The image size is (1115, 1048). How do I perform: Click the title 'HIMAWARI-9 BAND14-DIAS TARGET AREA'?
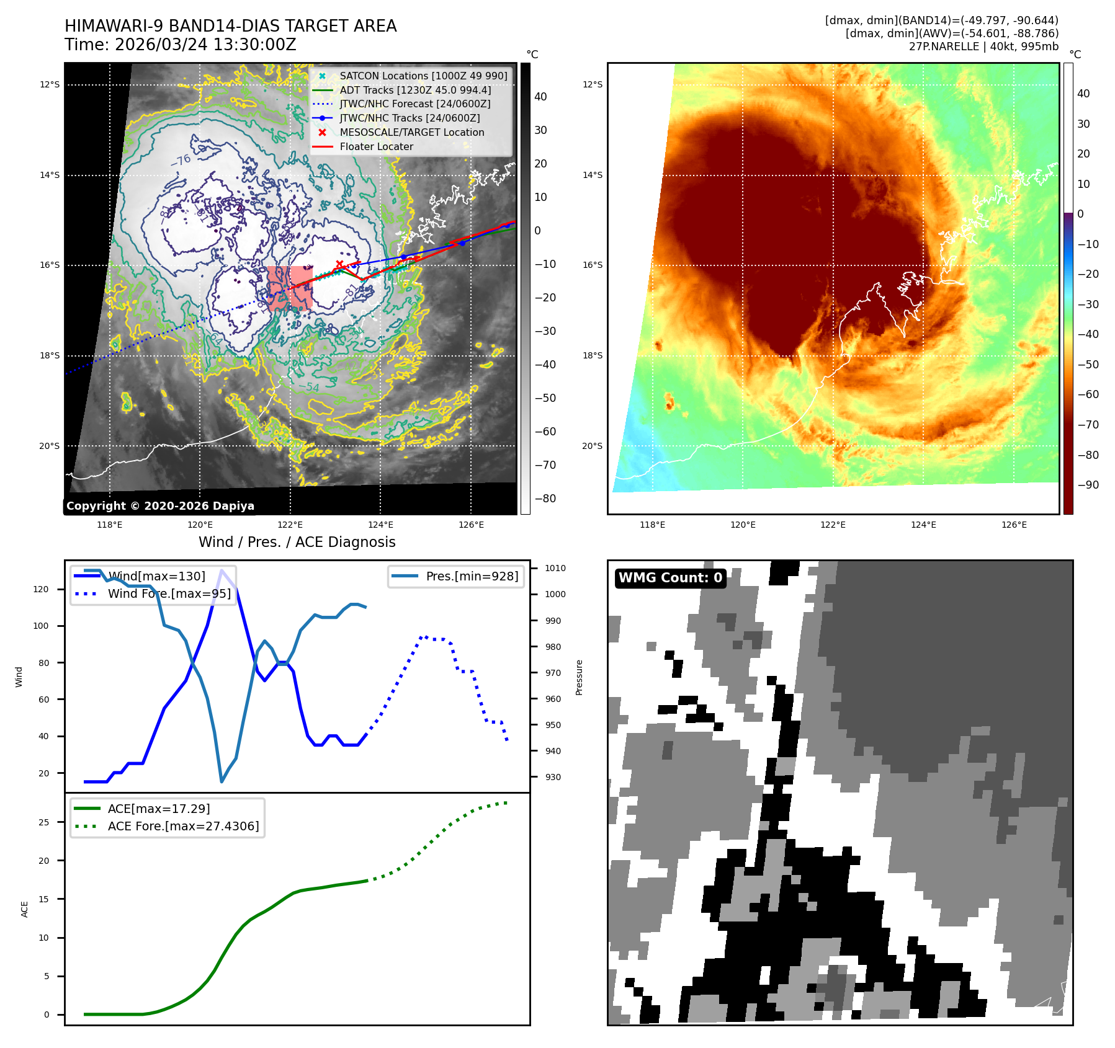pos(230,26)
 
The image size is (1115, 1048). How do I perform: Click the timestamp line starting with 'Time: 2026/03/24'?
pos(181,45)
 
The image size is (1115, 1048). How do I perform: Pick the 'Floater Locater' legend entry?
pos(376,146)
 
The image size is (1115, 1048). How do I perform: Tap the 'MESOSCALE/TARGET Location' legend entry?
pos(411,132)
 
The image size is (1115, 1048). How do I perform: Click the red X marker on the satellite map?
pos(339,265)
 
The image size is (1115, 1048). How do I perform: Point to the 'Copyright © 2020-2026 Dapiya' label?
pos(160,506)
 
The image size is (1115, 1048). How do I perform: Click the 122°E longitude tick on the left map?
pos(290,525)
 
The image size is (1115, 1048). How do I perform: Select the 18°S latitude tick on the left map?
pos(50,355)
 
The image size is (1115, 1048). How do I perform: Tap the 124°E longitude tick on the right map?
pos(923,525)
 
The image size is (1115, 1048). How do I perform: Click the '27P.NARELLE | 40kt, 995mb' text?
pos(983,47)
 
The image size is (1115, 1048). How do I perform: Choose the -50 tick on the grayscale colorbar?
pos(545,398)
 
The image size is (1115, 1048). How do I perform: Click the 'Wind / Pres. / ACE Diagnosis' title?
pos(297,542)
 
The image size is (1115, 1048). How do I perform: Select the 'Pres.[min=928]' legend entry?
pos(472,576)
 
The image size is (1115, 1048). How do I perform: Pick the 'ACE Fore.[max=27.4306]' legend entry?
pos(183,826)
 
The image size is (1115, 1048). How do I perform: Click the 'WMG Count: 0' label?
pos(670,578)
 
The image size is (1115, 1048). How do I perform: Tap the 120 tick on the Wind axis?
pos(41,589)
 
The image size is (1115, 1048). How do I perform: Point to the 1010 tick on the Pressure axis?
pos(555,568)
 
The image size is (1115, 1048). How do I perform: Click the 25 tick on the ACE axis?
pos(43,822)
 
